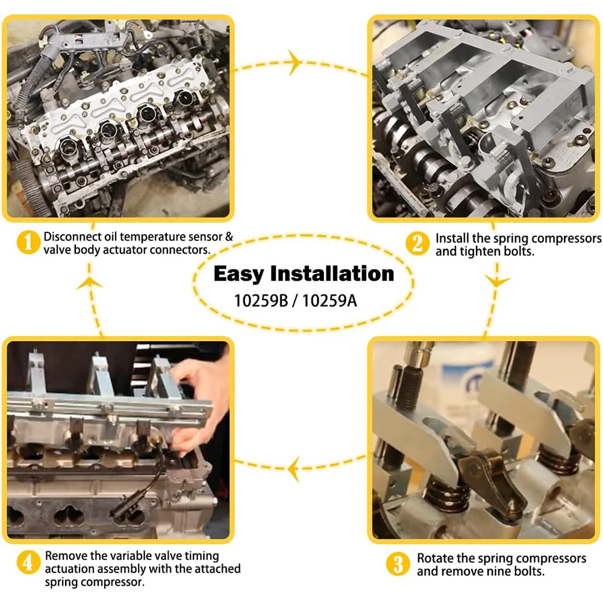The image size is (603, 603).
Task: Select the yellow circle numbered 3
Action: [x=398, y=564]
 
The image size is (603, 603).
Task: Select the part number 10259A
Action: [x=330, y=299]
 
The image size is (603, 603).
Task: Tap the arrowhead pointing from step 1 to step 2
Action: [x=295, y=62]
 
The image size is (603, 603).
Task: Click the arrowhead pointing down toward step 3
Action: [x=498, y=281]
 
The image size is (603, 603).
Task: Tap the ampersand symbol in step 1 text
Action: [x=228, y=237]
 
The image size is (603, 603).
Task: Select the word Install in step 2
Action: [x=454, y=238]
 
